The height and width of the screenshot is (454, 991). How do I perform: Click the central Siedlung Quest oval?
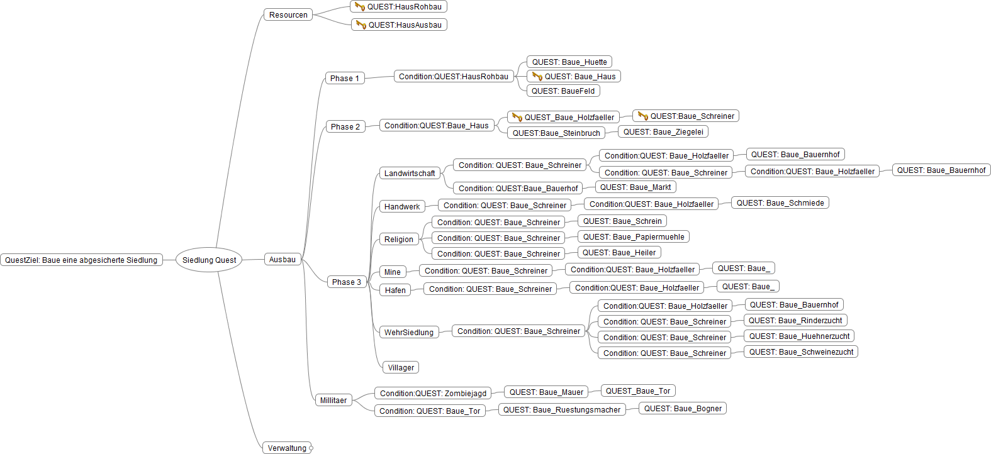(x=209, y=260)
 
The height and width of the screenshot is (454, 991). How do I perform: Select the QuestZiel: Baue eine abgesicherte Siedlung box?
(x=81, y=260)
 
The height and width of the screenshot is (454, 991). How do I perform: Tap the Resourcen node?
(x=288, y=14)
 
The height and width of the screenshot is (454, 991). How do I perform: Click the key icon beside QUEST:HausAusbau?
(x=361, y=25)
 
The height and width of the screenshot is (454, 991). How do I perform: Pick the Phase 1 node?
(x=345, y=78)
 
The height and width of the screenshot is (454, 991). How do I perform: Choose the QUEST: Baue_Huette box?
(x=569, y=62)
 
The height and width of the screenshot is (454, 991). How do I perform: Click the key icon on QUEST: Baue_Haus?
(x=537, y=76)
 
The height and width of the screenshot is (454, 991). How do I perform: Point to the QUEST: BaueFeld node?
(x=563, y=91)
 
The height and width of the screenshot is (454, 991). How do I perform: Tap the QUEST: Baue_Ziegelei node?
(x=663, y=131)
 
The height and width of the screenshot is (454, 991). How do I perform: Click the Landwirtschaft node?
(x=409, y=173)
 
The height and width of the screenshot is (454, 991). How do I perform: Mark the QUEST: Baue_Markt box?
(x=635, y=187)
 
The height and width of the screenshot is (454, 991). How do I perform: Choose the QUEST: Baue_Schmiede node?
(x=780, y=202)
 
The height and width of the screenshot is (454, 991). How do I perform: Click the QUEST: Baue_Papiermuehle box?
(x=633, y=236)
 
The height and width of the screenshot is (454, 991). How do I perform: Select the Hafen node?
(x=395, y=290)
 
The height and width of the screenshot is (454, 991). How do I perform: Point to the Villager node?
(x=401, y=367)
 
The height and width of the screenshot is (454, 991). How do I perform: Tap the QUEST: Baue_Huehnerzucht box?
(x=798, y=336)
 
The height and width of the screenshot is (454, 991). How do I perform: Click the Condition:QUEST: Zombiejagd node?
(x=433, y=393)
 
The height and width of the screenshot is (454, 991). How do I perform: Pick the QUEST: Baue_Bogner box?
(x=683, y=408)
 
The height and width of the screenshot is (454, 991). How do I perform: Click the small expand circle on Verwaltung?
(x=311, y=448)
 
